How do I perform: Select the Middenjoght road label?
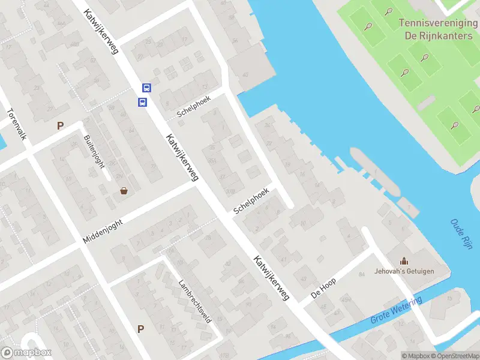point(103,231)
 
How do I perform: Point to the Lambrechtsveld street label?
point(195,301)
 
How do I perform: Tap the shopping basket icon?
point(124,191)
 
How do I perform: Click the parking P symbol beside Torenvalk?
point(60,126)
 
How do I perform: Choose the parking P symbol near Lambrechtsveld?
point(141,329)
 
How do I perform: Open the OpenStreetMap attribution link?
point(455,356)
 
